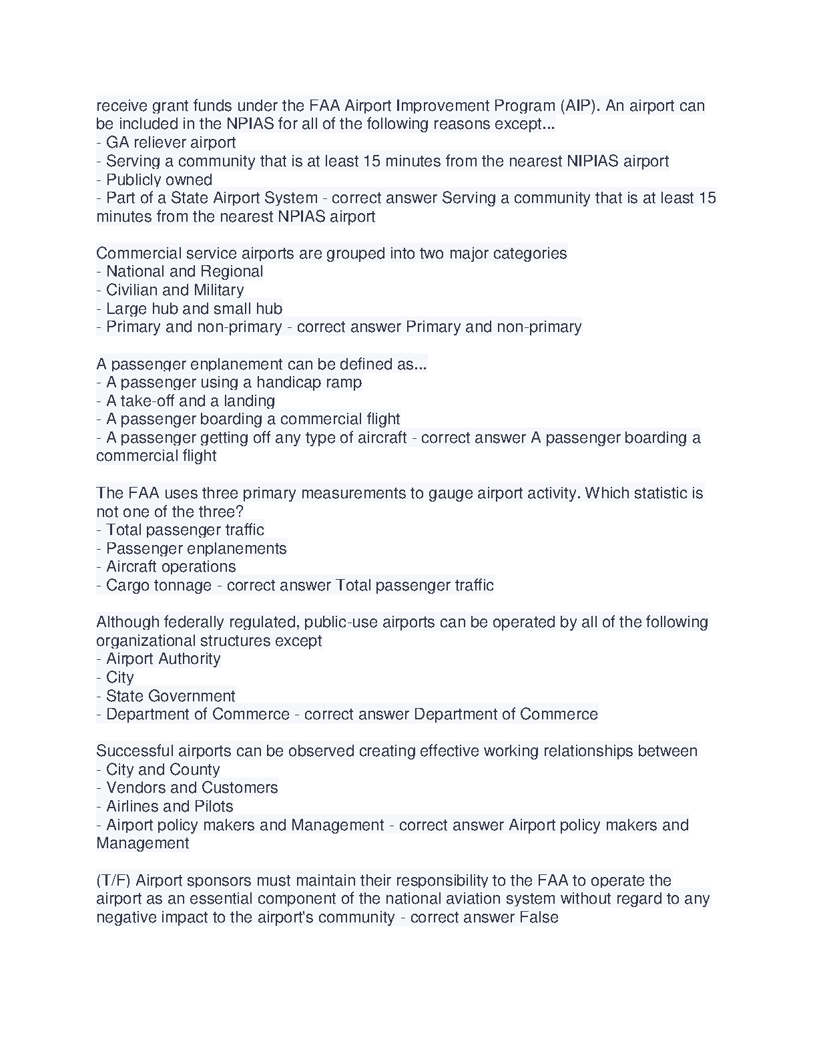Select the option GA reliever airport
tap(170, 143)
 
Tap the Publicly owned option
tap(159, 180)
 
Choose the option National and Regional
tap(184, 272)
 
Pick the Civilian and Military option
tap(175, 291)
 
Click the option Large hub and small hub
tap(194, 309)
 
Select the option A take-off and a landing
tap(190, 401)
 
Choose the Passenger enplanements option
tap(196, 548)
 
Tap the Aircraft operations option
tap(171, 567)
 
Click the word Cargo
tap(127, 586)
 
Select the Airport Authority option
tap(163, 659)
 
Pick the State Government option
tap(170, 696)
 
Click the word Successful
tap(133, 751)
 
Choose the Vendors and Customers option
tap(192, 788)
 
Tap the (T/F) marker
tap(113, 881)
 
